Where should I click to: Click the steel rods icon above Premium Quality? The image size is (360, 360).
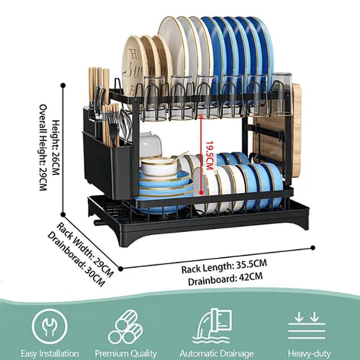(x=125, y=327)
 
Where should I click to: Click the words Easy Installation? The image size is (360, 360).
(x=50, y=353)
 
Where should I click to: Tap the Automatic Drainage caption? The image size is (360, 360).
(x=216, y=353)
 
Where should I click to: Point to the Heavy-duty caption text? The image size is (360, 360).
(x=309, y=353)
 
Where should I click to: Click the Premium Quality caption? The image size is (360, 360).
(x=126, y=353)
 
